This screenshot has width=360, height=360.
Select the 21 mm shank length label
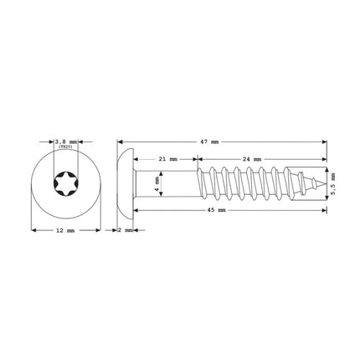(x=167, y=159)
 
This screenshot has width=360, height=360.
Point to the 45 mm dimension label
(x=217, y=210)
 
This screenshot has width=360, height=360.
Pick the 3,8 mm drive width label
(x=64, y=142)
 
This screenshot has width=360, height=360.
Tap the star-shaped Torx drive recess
(x=64, y=182)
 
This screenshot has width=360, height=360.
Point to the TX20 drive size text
(x=64, y=150)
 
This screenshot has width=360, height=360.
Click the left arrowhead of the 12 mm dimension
(x=32, y=229)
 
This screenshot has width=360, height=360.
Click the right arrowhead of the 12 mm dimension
(x=98, y=229)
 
